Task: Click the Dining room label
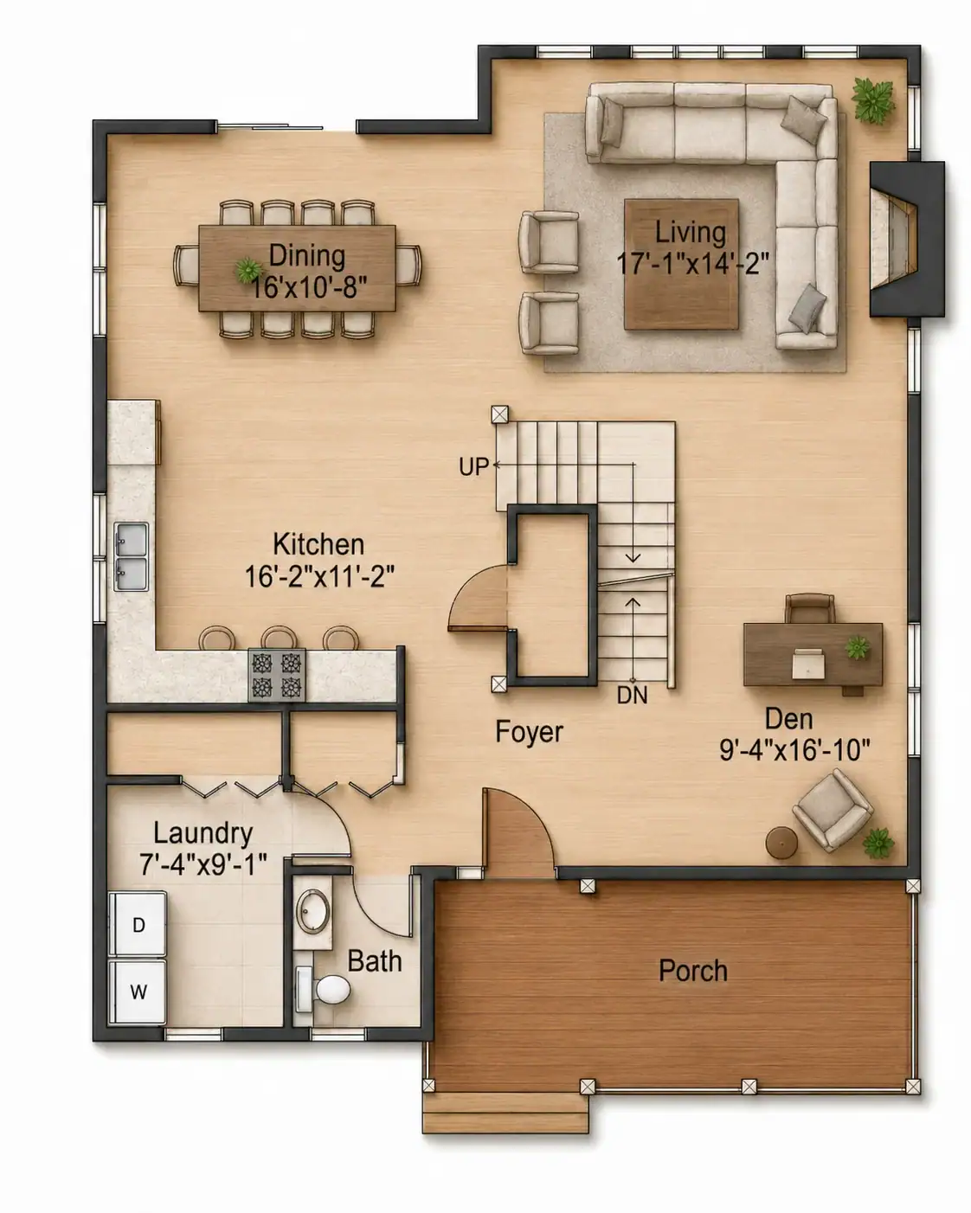tap(307, 255)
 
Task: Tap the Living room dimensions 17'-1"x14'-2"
tap(692, 264)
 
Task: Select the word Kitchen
tap(318, 544)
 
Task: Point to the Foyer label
tap(529, 732)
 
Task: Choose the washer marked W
tap(138, 992)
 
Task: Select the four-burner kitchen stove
tap(277, 675)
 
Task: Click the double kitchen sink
tap(132, 556)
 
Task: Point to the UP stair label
tap(473, 466)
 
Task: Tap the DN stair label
tap(632, 696)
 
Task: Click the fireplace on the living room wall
tap(906, 240)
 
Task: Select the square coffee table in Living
tap(681, 264)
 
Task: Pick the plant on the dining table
tap(248, 270)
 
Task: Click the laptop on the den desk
tap(808, 662)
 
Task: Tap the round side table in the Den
tap(781, 843)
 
